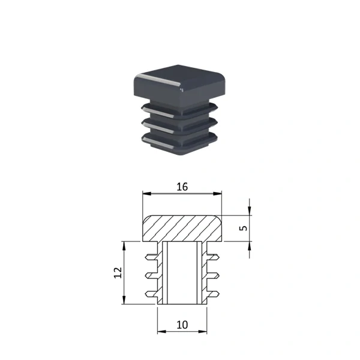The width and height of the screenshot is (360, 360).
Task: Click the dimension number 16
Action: click(x=182, y=187)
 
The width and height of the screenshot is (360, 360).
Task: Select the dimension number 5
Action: click(x=244, y=228)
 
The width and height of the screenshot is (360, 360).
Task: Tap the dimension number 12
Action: click(x=118, y=273)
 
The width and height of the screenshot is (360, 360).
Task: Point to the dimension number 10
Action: click(x=182, y=325)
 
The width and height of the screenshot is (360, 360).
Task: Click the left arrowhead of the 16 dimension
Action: click(x=147, y=194)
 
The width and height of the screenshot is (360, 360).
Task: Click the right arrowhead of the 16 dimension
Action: click(x=217, y=194)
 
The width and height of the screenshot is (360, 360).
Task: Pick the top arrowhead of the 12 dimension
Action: click(x=124, y=246)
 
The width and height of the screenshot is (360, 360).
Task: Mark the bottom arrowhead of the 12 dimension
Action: click(x=124, y=300)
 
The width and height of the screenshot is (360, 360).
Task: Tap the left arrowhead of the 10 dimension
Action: click(x=162, y=332)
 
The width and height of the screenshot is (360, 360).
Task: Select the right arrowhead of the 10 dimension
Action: click(x=203, y=332)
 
